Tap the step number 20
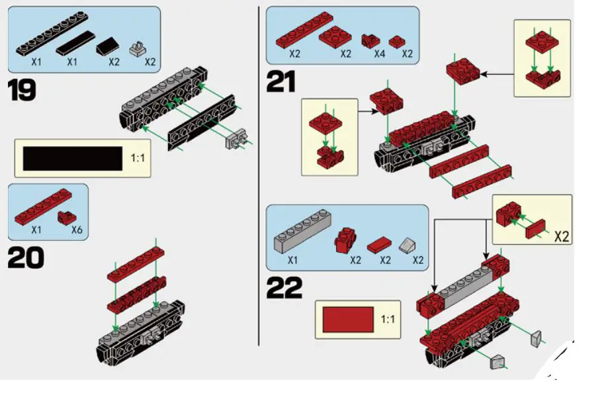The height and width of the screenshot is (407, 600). [25, 257]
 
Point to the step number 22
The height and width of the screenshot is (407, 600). [284, 288]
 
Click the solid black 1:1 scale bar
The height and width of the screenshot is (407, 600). [73, 159]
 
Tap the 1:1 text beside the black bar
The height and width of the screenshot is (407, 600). [138, 159]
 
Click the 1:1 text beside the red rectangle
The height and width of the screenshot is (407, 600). [388, 320]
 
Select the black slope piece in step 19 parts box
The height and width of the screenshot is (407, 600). [108, 47]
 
